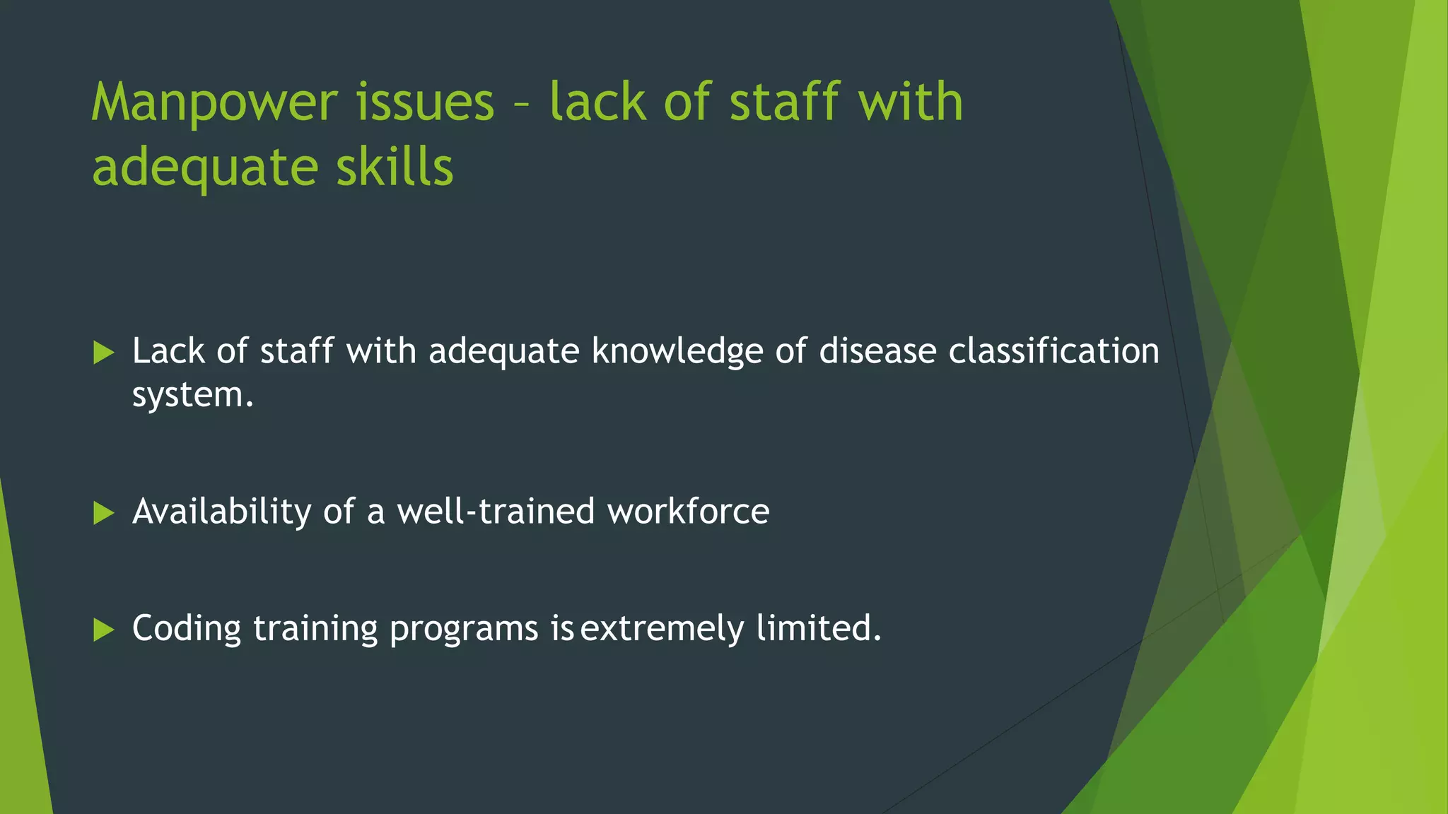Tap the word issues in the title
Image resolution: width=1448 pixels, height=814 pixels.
click(424, 102)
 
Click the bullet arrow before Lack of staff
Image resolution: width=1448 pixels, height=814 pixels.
click(103, 353)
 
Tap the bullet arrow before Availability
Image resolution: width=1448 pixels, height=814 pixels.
click(103, 513)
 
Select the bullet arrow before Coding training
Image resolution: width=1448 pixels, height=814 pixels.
click(103, 630)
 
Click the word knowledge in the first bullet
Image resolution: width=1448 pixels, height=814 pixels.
click(677, 352)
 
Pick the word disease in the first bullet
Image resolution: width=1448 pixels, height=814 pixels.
click(877, 351)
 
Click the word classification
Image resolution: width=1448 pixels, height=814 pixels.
click(1053, 351)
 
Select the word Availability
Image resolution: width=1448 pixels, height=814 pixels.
click(221, 512)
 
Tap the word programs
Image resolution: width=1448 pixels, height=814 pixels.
click(464, 629)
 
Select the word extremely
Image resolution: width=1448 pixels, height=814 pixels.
click(662, 629)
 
